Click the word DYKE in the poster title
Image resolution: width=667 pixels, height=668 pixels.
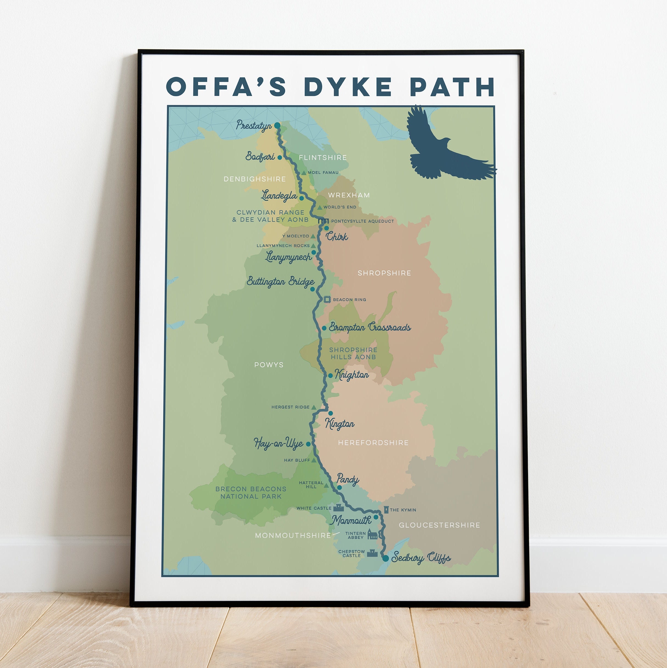(x=348, y=87)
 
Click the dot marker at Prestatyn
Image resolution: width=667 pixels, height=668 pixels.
(x=277, y=125)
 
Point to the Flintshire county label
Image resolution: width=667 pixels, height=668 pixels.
(x=323, y=158)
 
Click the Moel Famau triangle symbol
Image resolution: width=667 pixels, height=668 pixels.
(x=304, y=173)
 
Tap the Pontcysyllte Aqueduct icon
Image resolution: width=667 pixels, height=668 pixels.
(x=323, y=220)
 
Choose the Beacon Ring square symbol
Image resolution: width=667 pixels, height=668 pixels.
(x=327, y=299)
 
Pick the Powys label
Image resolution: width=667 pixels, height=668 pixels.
(x=269, y=365)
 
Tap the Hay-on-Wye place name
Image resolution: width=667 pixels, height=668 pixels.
(x=278, y=444)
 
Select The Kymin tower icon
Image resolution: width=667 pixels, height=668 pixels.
(x=386, y=510)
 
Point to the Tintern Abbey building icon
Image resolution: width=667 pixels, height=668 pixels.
(x=372, y=535)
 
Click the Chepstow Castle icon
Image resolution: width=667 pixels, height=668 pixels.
(x=372, y=553)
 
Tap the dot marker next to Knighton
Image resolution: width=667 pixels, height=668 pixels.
(x=330, y=375)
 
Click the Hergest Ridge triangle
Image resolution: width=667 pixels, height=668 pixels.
(x=313, y=407)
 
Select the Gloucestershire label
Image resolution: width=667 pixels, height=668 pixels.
(x=439, y=525)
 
